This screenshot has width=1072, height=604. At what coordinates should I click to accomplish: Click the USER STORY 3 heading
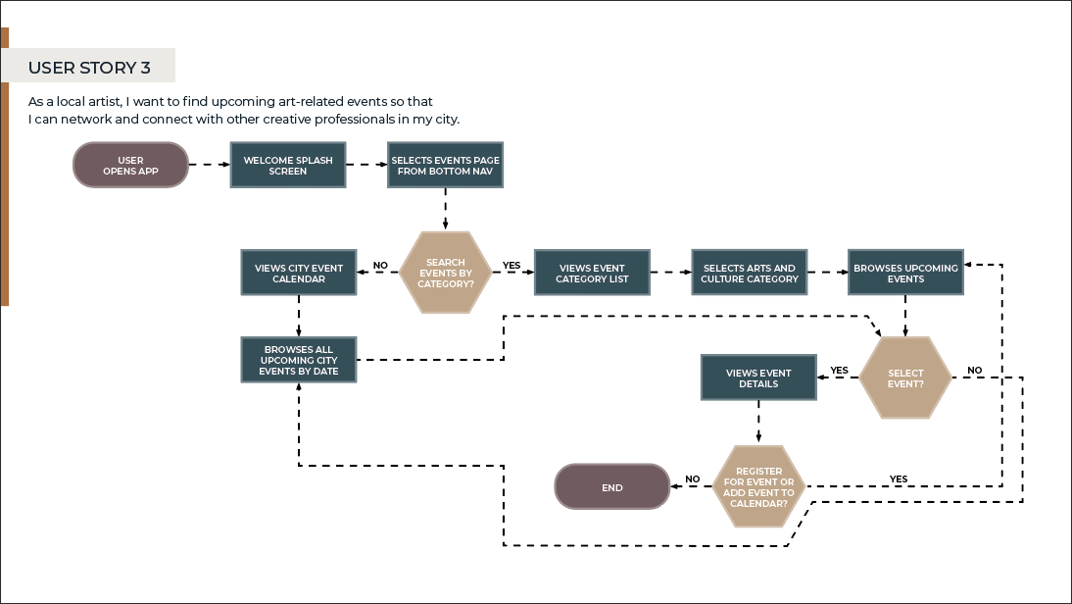pos(89,68)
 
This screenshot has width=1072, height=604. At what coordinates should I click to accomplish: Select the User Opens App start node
pos(130,165)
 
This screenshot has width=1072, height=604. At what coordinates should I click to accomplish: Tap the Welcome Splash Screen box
pos(288,165)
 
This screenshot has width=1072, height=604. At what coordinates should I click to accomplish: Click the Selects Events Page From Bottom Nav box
pos(445,165)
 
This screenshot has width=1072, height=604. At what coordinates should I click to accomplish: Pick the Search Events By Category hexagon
pos(445,273)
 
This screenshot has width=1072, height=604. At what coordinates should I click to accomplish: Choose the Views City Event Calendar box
pos(298,273)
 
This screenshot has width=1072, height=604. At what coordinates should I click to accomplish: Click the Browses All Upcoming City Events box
pos(298,360)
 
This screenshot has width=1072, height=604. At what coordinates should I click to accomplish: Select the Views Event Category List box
pos(591,273)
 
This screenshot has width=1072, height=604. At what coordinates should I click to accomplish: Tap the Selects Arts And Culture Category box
pos(749,273)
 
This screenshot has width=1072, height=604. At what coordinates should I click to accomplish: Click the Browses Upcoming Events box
pos(905,273)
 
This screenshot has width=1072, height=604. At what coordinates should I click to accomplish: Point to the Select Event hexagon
pos(905,378)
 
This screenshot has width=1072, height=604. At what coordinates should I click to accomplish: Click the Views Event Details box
pos(758,378)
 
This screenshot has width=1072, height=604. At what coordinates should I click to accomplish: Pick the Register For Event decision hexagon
pos(758,485)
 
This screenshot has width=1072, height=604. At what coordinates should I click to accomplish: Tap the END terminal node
pos(611,486)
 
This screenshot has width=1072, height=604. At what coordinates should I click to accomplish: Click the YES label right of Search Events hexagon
pos(512,265)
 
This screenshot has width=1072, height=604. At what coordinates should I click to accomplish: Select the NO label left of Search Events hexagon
pos(380,265)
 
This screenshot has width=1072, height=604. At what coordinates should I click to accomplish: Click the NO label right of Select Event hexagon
pos(974,370)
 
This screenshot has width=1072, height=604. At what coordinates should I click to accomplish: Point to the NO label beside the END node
pos(692,478)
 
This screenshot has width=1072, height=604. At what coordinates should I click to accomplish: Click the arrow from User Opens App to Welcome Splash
pos(209,165)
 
